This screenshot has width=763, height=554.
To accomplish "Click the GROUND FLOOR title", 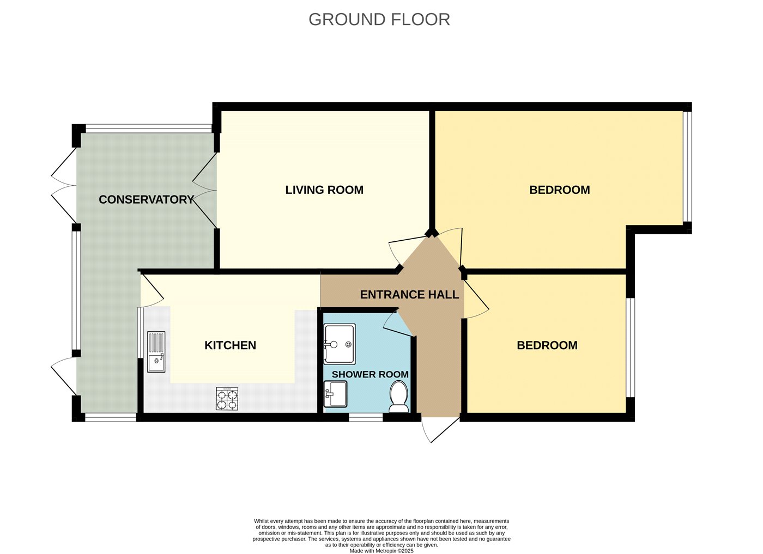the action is [x=379, y=20].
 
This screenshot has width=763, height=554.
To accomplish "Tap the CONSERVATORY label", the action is [x=147, y=199].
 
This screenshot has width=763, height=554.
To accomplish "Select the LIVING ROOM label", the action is [x=324, y=190].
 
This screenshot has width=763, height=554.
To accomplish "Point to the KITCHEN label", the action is [x=230, y=345].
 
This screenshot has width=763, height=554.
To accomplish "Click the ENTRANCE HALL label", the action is [x=409, y=295].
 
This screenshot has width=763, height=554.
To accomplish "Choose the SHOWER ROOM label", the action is [x=370, y=375].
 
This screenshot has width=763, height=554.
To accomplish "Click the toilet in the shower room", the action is [x=399, y=397].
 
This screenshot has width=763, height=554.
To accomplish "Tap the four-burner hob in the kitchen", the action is [x=227, y=398].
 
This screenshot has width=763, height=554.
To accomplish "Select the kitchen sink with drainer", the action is [x=156, y=352].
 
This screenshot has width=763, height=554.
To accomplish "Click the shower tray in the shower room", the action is [x=340, y=344].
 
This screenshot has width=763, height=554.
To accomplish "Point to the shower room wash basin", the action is [x=336, y=394].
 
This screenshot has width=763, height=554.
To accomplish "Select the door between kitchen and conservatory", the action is [x=152, y=290].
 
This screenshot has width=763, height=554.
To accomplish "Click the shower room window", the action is [x=366, y=417].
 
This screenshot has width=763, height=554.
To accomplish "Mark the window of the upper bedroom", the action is [x=687, y=167].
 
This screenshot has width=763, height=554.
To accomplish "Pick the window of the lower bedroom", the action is [x=631, y=348].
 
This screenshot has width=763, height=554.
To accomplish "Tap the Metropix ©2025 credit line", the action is [x=381, y=551].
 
